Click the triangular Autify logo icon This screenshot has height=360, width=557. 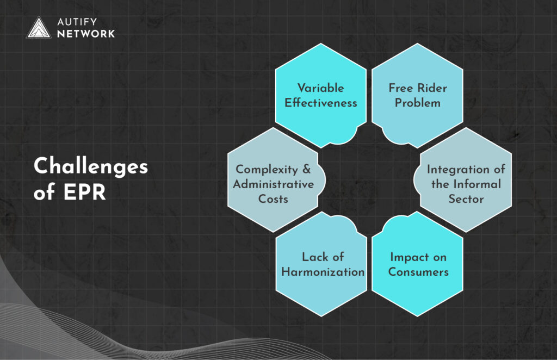39,28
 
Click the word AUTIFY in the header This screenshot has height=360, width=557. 77,22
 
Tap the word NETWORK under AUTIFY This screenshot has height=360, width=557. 86,34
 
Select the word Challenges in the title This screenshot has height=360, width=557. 91,166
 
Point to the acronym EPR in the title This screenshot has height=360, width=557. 85,192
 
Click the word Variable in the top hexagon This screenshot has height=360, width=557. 321,88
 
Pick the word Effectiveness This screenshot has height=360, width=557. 321,103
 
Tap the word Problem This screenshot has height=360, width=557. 418,103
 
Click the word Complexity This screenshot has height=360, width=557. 267,169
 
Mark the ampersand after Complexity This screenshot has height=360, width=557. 307,169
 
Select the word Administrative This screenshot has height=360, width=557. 274,184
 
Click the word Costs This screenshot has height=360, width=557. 273,199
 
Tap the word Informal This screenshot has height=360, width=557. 477,184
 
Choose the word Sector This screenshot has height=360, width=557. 466,199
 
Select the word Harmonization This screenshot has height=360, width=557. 323,271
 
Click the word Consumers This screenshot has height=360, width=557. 418,271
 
